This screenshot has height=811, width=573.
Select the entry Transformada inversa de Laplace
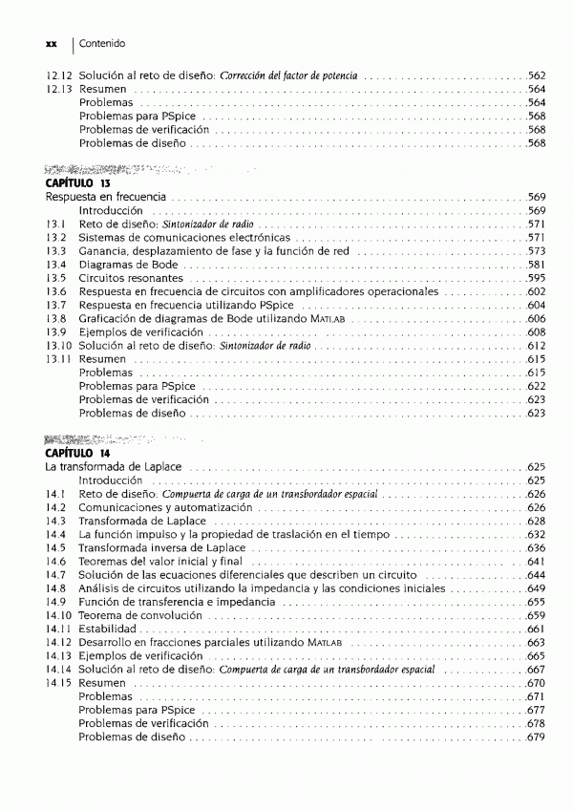(161, 548)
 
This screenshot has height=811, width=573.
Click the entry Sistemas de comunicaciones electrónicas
(184, 237)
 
